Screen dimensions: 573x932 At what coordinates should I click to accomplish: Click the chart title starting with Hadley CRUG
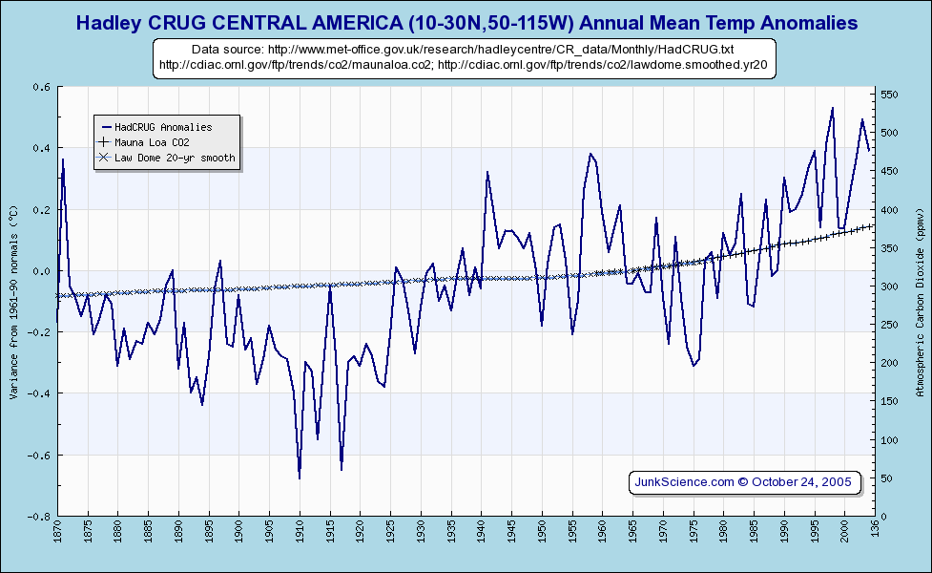click(466, 22)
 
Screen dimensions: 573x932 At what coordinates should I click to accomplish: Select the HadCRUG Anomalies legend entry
click(163, 126)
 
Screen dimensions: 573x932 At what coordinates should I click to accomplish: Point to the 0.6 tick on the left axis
click(42, 87)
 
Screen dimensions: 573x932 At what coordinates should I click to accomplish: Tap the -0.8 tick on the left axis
click(39, 517)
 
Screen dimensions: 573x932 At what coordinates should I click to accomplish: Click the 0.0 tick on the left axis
click(42, 271)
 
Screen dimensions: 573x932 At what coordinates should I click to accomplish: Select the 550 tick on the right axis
click(888, 95)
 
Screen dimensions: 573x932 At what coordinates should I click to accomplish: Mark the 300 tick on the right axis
click(888, 286)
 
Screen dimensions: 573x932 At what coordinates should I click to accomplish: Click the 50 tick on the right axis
click(885, 478)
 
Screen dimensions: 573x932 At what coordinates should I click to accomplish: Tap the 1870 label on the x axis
click(58, 531)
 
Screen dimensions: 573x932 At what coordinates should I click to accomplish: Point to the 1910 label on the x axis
click(300, 531)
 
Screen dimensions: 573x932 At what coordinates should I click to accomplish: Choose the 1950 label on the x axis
click(542, 531)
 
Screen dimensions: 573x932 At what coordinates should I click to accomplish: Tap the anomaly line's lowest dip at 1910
click(300, 477)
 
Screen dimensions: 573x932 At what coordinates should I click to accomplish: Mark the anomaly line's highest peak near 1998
click(832, 108)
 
